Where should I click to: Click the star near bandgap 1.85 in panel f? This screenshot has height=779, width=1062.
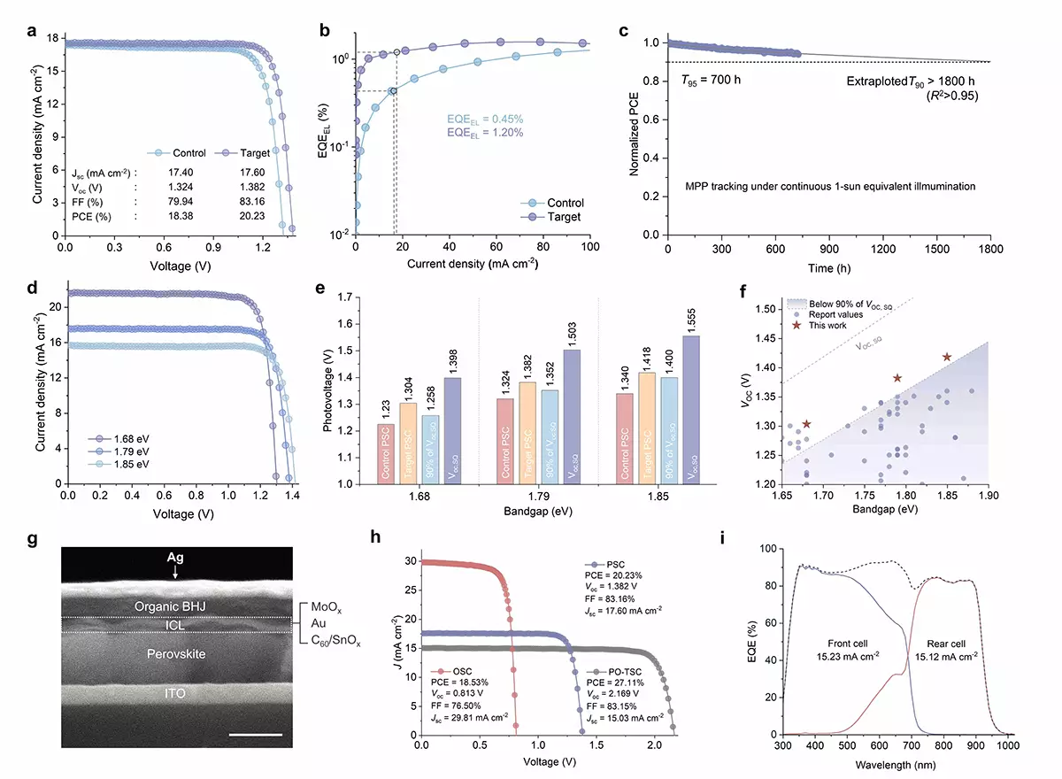(947, 358)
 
